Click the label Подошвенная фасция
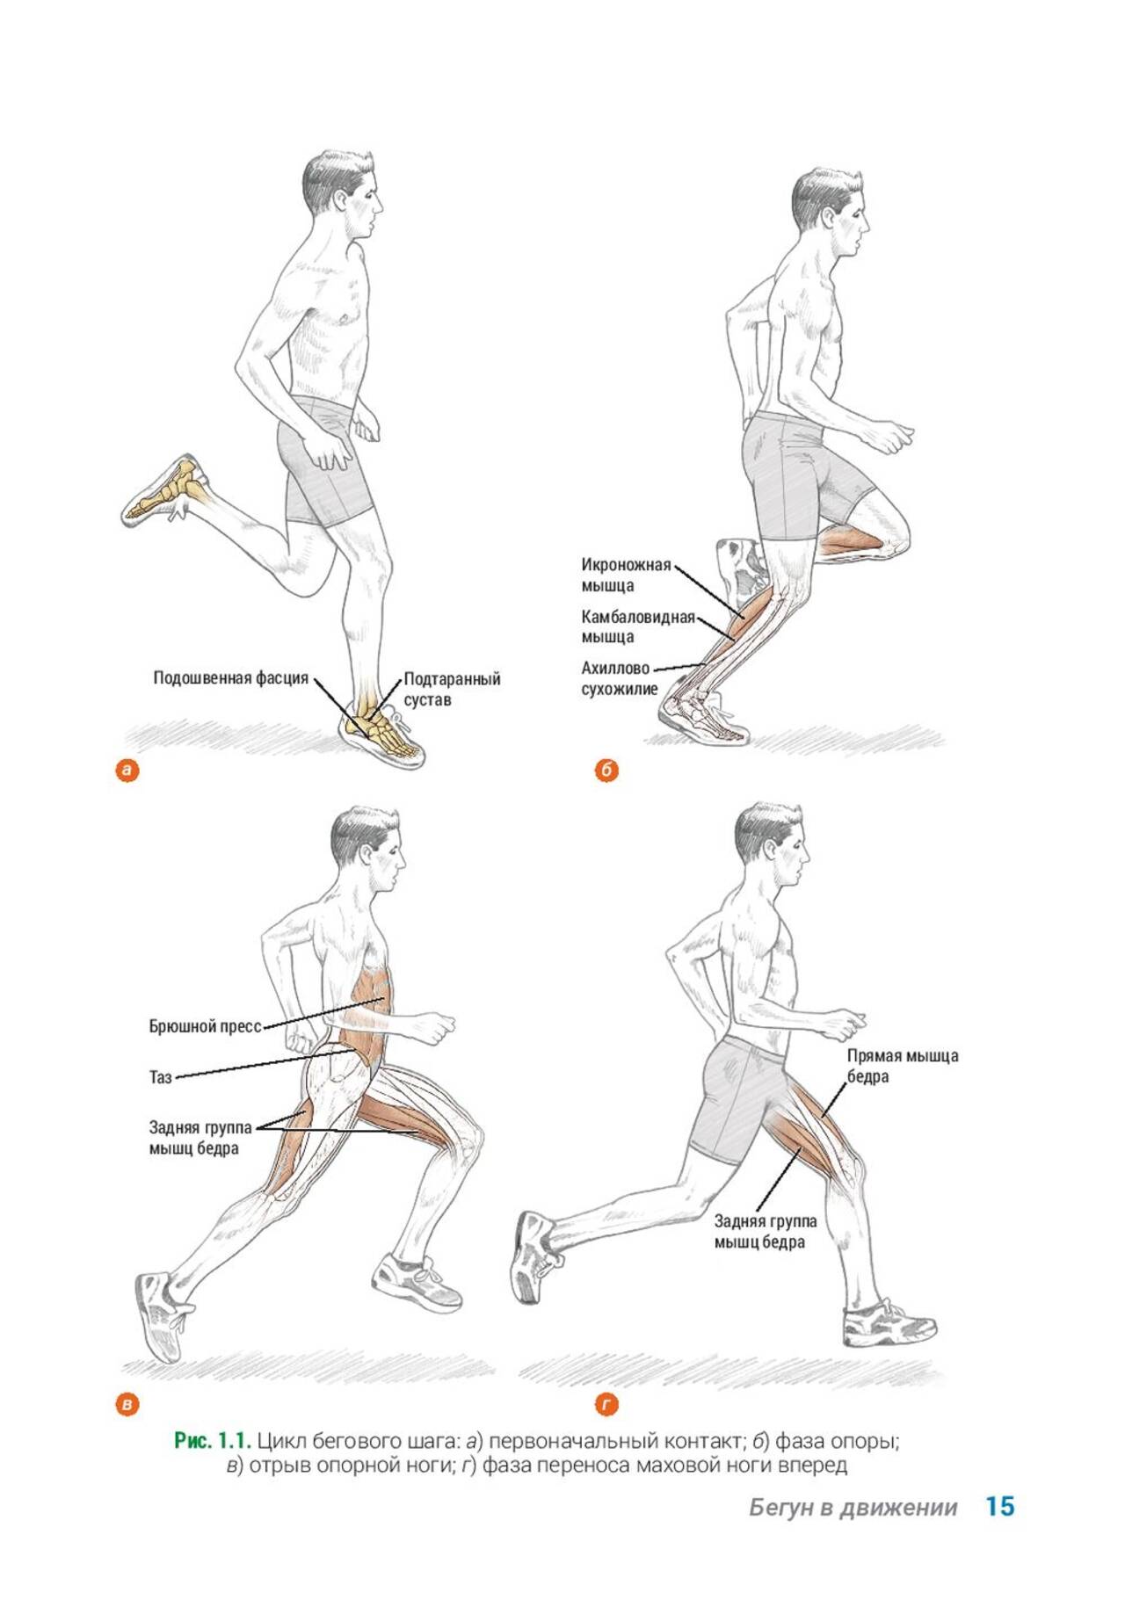[x=230, y=678]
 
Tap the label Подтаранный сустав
[x=452, y=690]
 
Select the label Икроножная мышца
[x=626, y=575]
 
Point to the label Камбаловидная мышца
[x=638, y=626]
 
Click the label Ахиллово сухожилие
[x=619, y=678]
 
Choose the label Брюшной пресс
[x=206, y=1026]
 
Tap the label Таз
[x=160, y=1076]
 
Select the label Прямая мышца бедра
[x=903, y=1066]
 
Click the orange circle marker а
[x=128, y=771]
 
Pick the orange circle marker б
[x=606, y=771]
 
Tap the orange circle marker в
[x=128, y=1404]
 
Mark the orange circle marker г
[x=606, y=1404]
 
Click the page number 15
[x=1000, y=1506]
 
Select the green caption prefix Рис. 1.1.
[x=214, y=1441]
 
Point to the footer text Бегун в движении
[x=853, y=1508]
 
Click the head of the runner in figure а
[x=342, y=193]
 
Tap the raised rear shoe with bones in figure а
[x=165, y=490]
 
